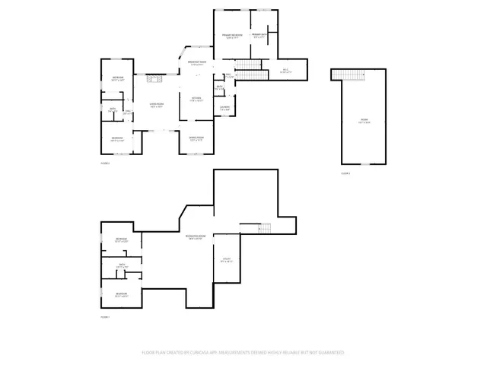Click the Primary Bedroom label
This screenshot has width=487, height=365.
[x=232, y=36]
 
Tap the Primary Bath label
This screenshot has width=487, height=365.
[x=258, y=35]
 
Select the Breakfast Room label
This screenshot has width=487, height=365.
[x=196, y=63]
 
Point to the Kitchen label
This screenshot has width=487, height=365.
[x=196, y=98]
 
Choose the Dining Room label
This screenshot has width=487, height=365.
[x=196, y=138]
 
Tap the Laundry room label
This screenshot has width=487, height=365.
[x=226, y=108]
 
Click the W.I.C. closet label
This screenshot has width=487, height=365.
[x=285, y=71]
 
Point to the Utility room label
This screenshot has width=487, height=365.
[x=226, y=261]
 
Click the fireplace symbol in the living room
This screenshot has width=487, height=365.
[x=155, y=75]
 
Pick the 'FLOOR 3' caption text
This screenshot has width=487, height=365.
[x=345, y=173]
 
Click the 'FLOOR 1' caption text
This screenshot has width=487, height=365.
[x=106, y=316]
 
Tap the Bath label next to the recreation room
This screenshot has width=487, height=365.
[x=122, y=266]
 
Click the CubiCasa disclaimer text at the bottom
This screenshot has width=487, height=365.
[x=243, y=353]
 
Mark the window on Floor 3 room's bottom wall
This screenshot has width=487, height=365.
[x=364, y=163]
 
